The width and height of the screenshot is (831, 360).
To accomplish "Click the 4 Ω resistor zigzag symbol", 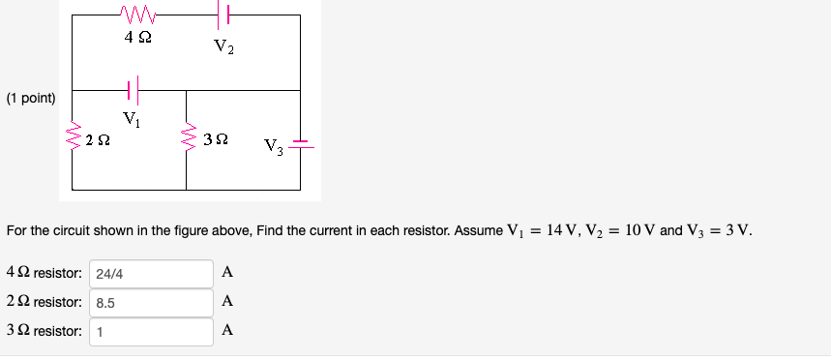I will pos(137,14).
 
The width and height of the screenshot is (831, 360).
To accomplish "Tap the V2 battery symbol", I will pos(225,14).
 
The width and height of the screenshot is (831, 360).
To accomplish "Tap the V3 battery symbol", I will pos(302,145).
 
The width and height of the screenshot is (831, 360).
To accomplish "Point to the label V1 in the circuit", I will pos(132,120).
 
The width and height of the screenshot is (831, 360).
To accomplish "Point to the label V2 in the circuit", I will pos(223,45).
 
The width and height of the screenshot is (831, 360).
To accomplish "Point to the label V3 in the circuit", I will pos(273,148).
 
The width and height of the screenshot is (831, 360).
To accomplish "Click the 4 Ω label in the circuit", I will pos(137,38).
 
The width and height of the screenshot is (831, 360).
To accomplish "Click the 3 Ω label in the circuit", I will pos(216,140).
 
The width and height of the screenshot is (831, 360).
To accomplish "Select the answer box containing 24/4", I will pos(152,273).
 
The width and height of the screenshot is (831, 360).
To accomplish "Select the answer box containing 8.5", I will pos(152,302).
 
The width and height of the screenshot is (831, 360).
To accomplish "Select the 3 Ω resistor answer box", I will pos(152,331).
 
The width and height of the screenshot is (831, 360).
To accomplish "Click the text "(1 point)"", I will pos(31,99).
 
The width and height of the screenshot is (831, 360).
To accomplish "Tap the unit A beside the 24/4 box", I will pos(227,273).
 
